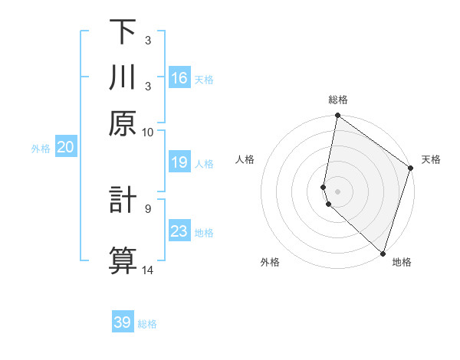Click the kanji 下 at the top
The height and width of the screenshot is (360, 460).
(123, 31)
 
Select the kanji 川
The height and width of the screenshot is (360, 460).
(123, 77)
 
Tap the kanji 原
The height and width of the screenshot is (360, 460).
(123, 123)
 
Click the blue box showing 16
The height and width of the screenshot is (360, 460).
(179, 78)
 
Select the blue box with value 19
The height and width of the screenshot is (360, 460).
(179, 162)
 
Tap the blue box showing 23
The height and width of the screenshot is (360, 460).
(179, 231)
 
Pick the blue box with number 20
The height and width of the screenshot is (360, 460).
(65, 148)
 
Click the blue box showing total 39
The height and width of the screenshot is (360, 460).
(123, 322)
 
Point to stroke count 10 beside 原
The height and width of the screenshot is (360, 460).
(148, 132)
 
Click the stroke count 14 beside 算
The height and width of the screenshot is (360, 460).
(148, 270)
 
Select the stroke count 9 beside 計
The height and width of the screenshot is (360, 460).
(148, 208)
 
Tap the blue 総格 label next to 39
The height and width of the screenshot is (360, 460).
(147, 324)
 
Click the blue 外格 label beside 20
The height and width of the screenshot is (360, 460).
(41, 149)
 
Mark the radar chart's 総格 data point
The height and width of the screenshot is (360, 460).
(337, 116)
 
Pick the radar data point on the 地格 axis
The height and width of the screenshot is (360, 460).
(383, 252)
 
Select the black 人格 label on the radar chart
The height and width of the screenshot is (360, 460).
(245, 159)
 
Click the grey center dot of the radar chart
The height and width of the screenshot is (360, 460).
(337, 191)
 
